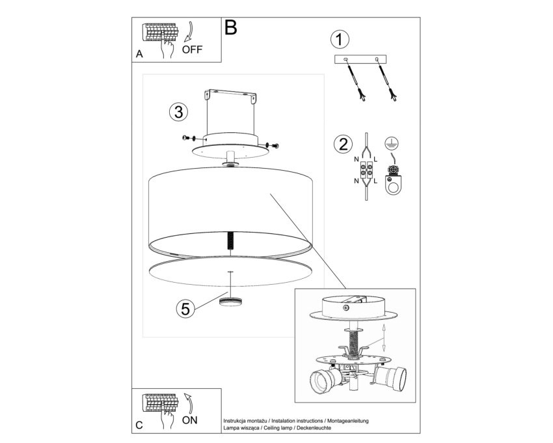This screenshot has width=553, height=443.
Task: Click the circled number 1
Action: (340, 39)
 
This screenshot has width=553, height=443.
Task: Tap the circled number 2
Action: (343, 144)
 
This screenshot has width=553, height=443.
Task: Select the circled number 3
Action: (178, 112)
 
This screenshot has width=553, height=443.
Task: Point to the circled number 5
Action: (185, 308)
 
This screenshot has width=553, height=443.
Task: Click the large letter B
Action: (231, 27)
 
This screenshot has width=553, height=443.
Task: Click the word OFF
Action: (192, 50)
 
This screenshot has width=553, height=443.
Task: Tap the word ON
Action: (190, 420)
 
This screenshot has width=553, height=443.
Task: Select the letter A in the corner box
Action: (140, 54)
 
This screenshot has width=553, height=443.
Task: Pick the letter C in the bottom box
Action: (139, 425)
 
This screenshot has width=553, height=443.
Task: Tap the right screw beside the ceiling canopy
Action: (273, 145)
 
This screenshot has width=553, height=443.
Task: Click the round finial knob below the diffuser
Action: (230, 302)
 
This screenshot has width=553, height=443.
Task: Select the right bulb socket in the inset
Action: (390, 377)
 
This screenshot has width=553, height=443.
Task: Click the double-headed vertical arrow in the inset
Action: (384, 337)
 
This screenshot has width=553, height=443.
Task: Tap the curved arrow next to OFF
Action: (190, 33)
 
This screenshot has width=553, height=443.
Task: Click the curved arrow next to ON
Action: (189, 403)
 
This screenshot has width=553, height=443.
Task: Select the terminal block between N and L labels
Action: (366, 169)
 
